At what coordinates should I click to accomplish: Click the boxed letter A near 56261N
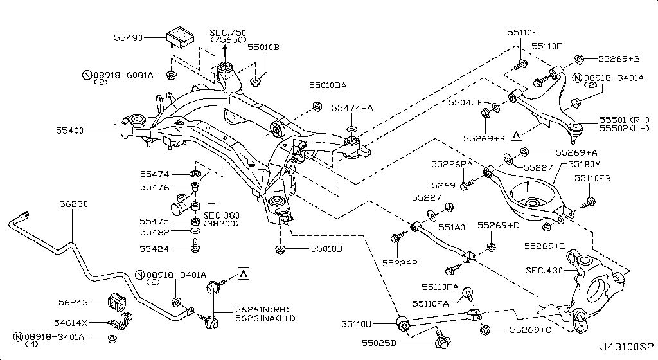243,274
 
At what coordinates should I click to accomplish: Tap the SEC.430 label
544,271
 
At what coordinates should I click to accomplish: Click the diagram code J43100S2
626,348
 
